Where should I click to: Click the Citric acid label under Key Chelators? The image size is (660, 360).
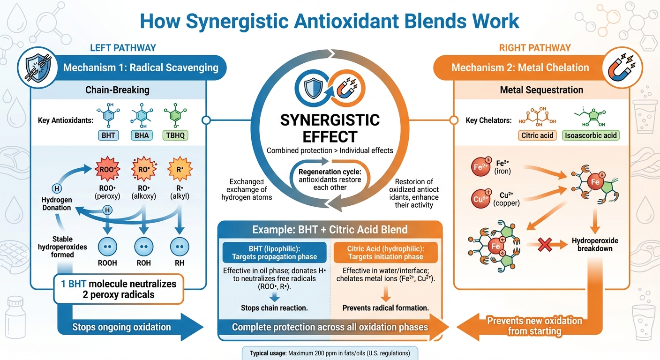(x=537, y=136)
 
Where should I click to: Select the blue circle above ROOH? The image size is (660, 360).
(x=108, y=247)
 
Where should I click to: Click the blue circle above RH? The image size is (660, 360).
(x=180, y=247)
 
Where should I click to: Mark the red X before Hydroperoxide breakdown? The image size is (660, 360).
(x=546, y=244)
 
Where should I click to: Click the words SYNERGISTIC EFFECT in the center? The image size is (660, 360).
(x=330, y=128)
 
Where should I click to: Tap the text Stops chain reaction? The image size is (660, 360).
(x=274, y=308)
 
